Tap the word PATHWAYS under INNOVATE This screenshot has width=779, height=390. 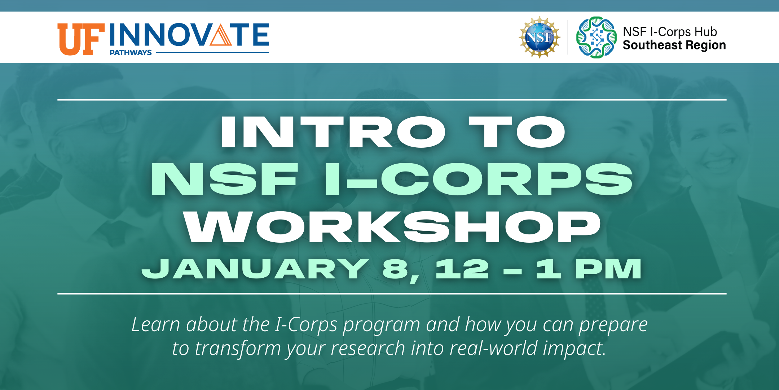click(x=131, y=53)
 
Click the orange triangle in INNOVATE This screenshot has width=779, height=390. click(x=220, y=34)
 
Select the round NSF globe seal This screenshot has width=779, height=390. click(x=540, y=37)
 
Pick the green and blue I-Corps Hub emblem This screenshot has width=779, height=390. click(x=597, y=37)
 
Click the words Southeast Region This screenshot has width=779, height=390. click(x=674, y=45)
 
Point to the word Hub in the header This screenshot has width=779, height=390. click(x=706, y=32)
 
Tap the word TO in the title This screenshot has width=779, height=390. click(x=517, y=132)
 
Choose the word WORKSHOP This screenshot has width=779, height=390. click(x=392, y=226)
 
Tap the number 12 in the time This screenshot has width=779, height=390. click(x=462, y=269)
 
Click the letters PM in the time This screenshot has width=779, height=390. click(x=608, y=269)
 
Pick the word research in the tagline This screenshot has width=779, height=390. click(x=368, y=348)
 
